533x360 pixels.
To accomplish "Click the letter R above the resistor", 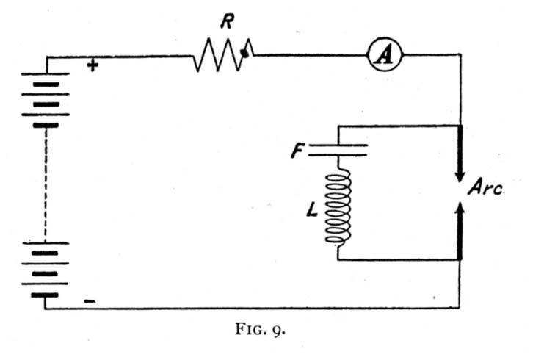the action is (x=227, y=21).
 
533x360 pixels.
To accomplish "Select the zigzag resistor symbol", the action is (x=223, y=54).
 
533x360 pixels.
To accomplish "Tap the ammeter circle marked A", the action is (x=385, y=54).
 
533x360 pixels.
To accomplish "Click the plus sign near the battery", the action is (x=93, y=65).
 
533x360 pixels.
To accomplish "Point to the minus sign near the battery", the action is (x=90, y=301).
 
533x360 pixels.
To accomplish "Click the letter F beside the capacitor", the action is (x=297, y=151).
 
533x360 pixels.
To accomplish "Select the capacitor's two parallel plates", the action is (x=338, y=151).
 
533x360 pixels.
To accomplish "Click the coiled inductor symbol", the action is (x=338, y=208).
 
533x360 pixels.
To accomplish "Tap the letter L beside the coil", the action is (x=311, y=210).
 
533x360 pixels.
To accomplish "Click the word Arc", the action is (x=485, y=187).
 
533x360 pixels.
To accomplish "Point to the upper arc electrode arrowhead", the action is (x=460, y=176).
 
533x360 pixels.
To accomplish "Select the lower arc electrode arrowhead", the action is (x=460, y=208).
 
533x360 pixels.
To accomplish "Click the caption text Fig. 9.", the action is (x=260, y=329).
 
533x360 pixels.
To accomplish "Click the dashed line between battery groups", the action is (x=46, y=184).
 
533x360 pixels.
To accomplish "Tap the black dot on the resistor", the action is (x=244, y=53).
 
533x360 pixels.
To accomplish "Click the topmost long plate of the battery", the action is (x=46, y=73).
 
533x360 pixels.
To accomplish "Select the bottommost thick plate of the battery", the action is (x=45, y=295).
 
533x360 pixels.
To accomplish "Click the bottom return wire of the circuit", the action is (x=252, y=309).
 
